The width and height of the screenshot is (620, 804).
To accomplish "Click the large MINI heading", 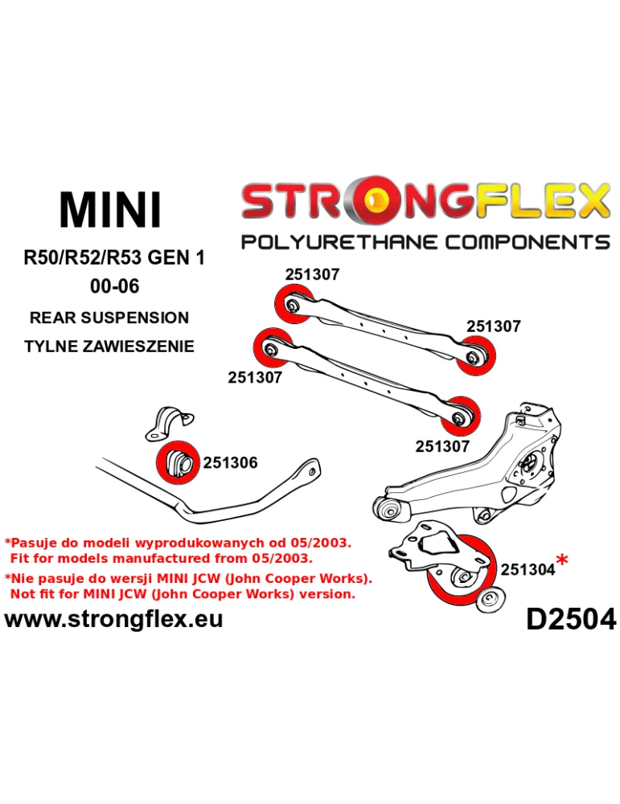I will (x=111, y=210).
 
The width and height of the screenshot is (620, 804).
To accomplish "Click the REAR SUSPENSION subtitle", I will (x=109, y=318).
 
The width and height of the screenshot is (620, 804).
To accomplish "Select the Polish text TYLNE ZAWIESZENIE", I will (x=109, y=347).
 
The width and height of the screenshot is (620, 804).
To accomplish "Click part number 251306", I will (x=230, y=463).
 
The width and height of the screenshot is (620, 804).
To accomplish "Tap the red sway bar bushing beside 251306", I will (x=175, y=462).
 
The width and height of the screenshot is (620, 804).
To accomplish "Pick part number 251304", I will (x=528, y=569).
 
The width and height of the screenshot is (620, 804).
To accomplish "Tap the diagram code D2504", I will (x=570, y=619).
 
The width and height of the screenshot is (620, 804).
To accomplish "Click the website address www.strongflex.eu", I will (x=114, y=619).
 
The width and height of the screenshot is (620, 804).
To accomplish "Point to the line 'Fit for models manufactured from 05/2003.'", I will (x=161, y=557).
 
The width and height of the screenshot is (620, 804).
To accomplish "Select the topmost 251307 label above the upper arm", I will (x=312, y=274).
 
